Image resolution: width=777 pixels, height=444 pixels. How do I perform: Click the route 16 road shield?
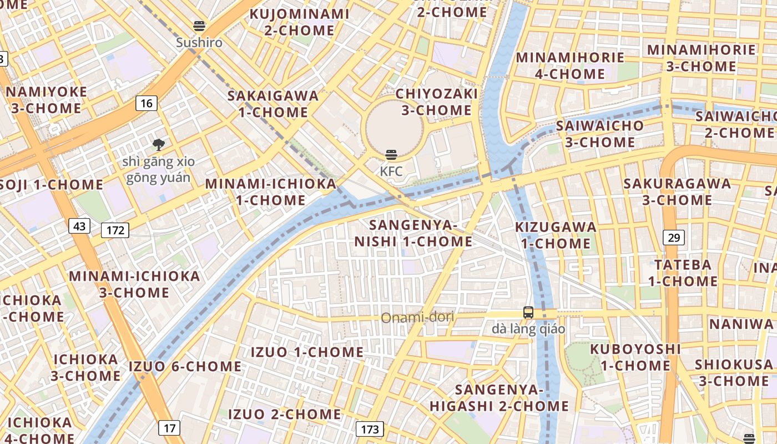click(x=147, y=103)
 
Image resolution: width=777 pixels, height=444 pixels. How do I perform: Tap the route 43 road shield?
click(x=79, y=226)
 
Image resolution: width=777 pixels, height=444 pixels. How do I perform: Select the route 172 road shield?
click(x=115, y=230)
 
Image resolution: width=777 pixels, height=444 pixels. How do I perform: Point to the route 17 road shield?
click(x=169, y=428)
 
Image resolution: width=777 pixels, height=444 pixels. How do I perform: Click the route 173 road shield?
click(x=370, y=429)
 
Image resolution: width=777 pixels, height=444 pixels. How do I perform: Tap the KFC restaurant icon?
click(x=391, y=155)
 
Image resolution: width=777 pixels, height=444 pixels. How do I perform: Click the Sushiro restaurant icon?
click(x=199, y=26)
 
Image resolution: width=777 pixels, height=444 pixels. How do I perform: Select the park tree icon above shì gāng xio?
click(x=159, y=145)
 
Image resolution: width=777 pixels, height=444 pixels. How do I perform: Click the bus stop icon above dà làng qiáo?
click(x=528, y=312)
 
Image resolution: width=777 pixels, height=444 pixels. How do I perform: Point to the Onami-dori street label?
click(x=417, y=317)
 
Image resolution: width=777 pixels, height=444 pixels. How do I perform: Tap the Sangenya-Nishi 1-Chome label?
click(x=413, y=234)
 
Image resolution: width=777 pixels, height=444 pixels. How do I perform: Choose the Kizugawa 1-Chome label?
click(x=556, y=235)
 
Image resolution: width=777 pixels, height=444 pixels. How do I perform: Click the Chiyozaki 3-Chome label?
click(x=436, y=102)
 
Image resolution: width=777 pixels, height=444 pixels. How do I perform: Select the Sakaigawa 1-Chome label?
click(x=273, y=104)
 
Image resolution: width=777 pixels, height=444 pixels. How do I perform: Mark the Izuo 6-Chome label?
click(x=185, y=366)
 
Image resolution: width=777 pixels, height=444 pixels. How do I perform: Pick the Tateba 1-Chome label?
click(x=683, y=273)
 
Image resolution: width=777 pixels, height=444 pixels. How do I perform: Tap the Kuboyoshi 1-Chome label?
click(x=635, y=357)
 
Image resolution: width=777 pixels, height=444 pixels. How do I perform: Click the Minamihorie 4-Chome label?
click(x=570, y=65)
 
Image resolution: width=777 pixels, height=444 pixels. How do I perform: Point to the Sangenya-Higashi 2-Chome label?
click(x=499, y=397)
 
